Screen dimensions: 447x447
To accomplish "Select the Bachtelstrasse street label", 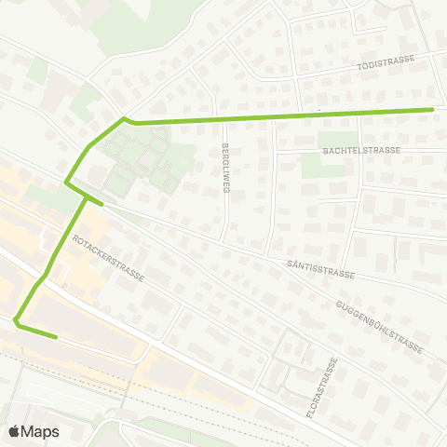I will [x=360, y=149].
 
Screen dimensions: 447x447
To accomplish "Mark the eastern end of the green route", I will [x=433, y=109].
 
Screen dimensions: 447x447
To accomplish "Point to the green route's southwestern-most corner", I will [x=16, y=321].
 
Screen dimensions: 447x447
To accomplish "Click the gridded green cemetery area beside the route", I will [x=140, y=158].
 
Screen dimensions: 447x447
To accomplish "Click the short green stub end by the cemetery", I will [x=101, y=200].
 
